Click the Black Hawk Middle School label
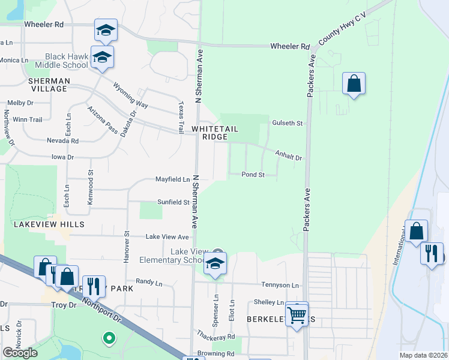coord(61,61)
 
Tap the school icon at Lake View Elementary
coord(215,263)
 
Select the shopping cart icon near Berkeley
coord(297,313)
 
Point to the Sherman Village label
coord(49,85)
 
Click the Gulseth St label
coord(288,123)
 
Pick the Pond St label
coord(253,175)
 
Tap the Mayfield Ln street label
coord(173,179)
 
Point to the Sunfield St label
coord(173,202)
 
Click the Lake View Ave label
coord(167,237)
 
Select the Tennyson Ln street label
coord(280,285)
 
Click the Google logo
coord(20,353)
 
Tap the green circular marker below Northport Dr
coord(109,339)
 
